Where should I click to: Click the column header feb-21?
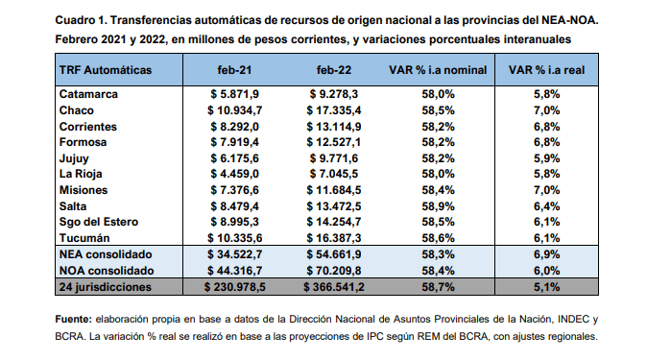click(x=234, y=70)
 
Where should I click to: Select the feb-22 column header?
click(x=334, y=70)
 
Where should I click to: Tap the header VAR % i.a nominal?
click(x=438, y=70)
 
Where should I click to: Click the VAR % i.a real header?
click(x=546, y=70)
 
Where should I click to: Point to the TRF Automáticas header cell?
click(x=106, y=70)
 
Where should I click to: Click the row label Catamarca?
click(x=88, y=94)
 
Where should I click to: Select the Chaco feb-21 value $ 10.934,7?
click(x=234, y=110)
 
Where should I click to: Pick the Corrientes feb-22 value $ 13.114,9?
click(x=334, y=127)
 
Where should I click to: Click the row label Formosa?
click(x=83, y=142)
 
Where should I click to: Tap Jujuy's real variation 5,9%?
click(x=547, y=158)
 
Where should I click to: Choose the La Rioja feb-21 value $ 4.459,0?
click(x=234, y=174)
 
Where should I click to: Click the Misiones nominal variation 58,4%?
click(x=438, y=190)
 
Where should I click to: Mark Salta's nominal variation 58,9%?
click(x=438, y=206)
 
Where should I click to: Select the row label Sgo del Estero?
click(x=99, y=222)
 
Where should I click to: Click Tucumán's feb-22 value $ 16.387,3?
click(x=334, y=238)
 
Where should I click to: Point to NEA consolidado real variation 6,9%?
click(x=547, y=254)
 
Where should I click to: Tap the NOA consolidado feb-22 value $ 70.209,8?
click(x=334, y=271)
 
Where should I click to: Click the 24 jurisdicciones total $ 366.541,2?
click(x=334, y=287)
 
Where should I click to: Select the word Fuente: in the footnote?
click(x=74, y=319)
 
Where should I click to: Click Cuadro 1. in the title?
click(x=81, y=20)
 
